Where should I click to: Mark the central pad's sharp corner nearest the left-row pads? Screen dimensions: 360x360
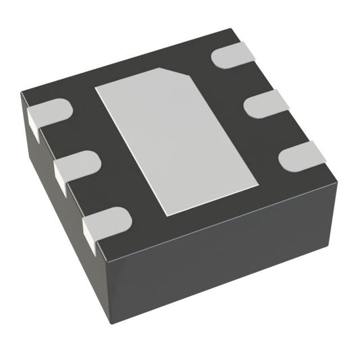click(95, 88)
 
